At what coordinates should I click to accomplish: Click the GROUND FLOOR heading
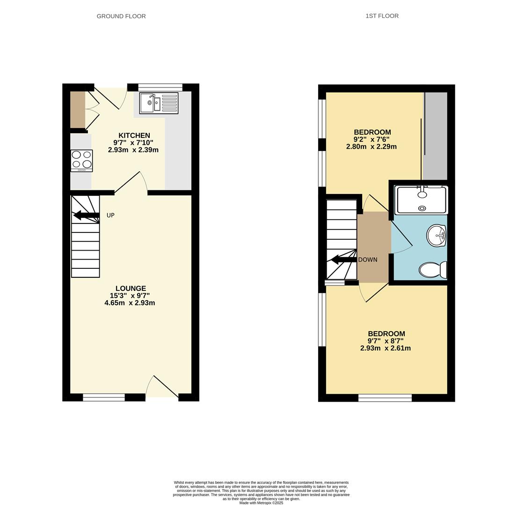121,16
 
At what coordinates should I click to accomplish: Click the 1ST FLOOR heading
382,16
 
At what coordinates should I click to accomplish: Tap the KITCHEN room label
134,136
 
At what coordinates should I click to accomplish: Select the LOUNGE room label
131,289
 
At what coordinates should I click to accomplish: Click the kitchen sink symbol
159,103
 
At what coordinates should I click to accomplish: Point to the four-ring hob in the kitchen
81,160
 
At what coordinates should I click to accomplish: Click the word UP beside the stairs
110,216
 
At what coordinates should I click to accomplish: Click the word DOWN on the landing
368,260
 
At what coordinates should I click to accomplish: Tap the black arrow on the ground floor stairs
86,216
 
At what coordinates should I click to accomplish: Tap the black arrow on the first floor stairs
344,260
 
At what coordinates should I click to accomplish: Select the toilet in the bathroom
433,270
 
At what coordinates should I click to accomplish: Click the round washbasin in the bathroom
436,236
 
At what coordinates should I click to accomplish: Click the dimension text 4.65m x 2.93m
130,303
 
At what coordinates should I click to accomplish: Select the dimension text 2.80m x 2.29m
371,147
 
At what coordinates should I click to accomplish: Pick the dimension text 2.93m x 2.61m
386,348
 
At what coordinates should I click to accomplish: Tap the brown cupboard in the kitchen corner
77,109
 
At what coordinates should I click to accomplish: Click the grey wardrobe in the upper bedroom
436,136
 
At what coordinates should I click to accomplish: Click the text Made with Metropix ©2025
261,503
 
